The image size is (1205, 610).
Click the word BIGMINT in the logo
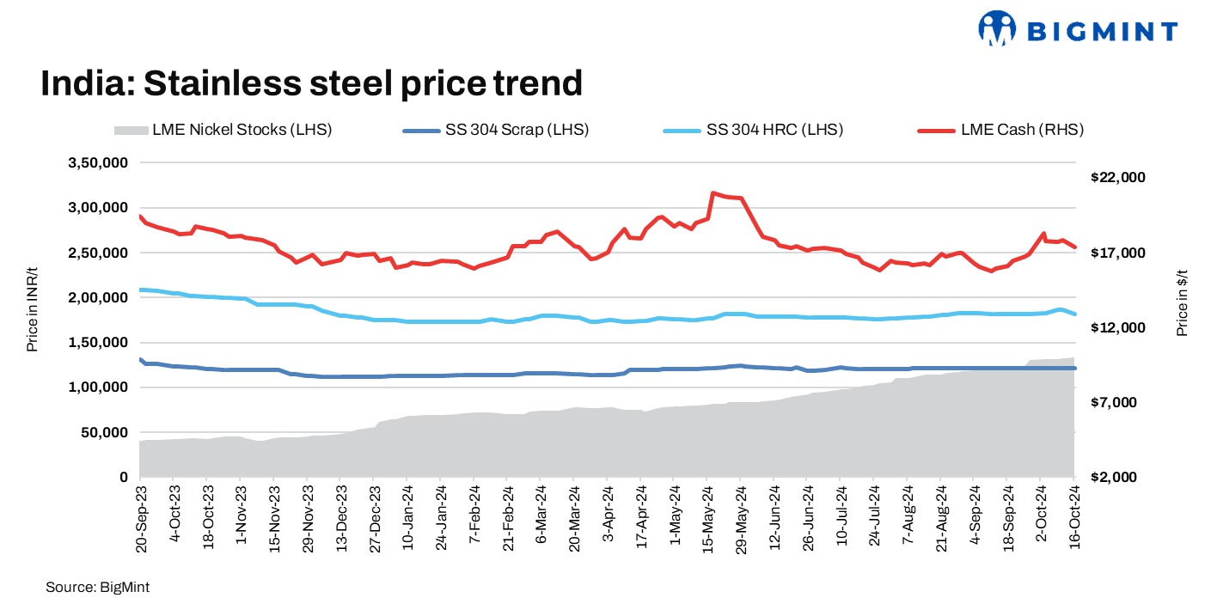coord(1102,32)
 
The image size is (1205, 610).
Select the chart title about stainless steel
coord(312,83)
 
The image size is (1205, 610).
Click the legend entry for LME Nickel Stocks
coord(222,131)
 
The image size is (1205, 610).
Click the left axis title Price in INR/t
coord(33,320)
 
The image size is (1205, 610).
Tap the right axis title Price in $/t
coord(1183,301)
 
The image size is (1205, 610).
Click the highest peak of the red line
coord(713,193)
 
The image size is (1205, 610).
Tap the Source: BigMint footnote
coord(91,586)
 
